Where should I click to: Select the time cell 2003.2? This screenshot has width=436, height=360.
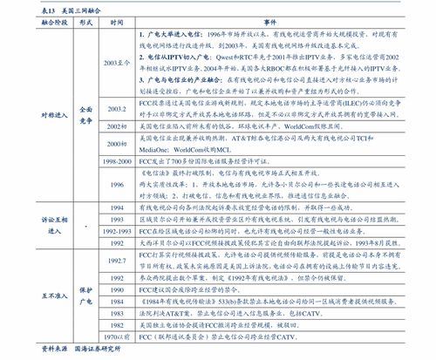[x=118, y=107]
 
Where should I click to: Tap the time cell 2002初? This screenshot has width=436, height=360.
[x=118, y=126]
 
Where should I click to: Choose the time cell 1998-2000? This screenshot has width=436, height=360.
[x=118, y=162]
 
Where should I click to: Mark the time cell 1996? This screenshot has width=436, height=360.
[x=118, y=185]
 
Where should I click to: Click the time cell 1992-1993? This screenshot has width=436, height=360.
[x=118, y=233]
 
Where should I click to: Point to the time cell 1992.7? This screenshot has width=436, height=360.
[x=118, y=262]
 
